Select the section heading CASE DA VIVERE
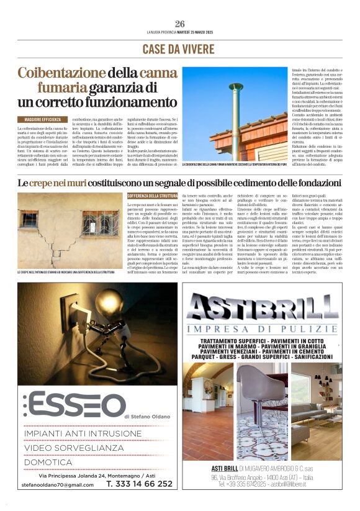[180, 49]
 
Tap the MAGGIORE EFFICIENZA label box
[43, 118]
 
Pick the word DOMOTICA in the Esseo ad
[48, 462]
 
